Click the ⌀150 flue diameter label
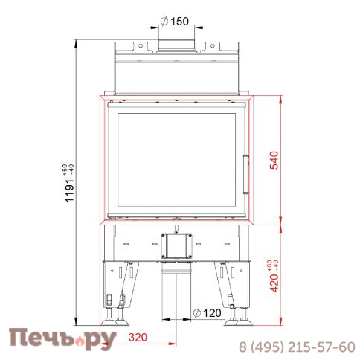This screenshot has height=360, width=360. (x=176, y=20)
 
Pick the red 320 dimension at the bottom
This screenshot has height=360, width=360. (x=137, y=338)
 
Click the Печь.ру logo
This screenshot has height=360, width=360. (x=62, y=339)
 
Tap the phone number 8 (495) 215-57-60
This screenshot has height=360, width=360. (x=295, y=347)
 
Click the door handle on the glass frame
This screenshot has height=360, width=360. (x=247, y=161)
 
